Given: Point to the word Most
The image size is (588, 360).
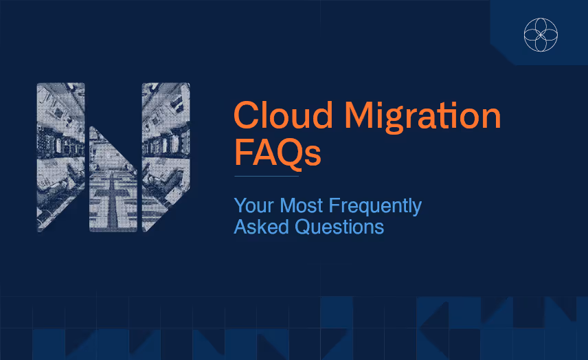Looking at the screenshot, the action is click(x=302, y=205).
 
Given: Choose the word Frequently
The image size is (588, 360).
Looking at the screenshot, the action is click(x=375, y=207).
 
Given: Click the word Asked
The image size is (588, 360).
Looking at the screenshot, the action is click(x=262, y=227).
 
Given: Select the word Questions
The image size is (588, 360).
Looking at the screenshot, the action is click(x=339, y=227).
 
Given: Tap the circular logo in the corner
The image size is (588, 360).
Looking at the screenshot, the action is click(x=541, y=34).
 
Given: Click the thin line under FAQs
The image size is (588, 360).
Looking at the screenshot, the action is click(x=267, y=176).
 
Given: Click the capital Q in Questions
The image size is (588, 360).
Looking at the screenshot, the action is click(x=304, y=227).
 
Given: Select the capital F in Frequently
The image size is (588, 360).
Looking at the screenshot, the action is click(x=335, y=205).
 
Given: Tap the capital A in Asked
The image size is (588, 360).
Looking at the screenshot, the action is click(x=241, y=227).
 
